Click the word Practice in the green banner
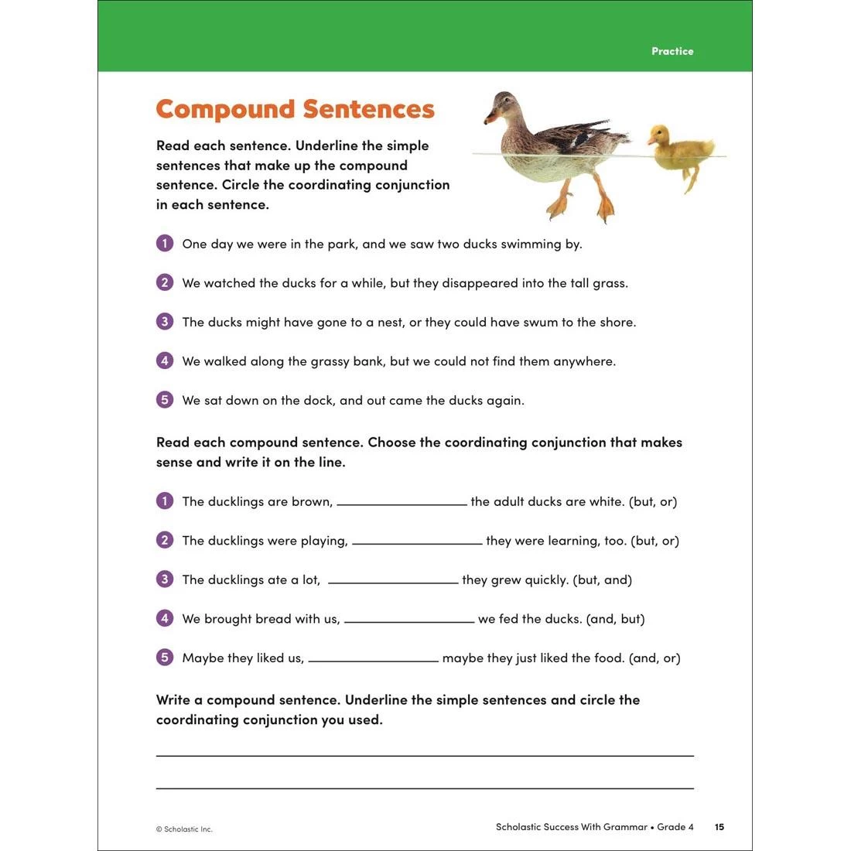pos(672,51)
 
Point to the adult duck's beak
pos(490,118)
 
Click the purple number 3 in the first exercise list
pos(164,322)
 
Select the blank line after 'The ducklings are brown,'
pos(402,504)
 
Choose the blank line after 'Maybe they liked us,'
pos(373,660)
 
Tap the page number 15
pos(719,827)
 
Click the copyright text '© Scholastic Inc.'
pos(184,829)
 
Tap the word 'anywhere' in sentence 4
pos(584,361)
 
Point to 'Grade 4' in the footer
pos(675,827)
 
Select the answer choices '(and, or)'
pos(655,658)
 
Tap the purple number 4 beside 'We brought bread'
pos(164,619)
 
